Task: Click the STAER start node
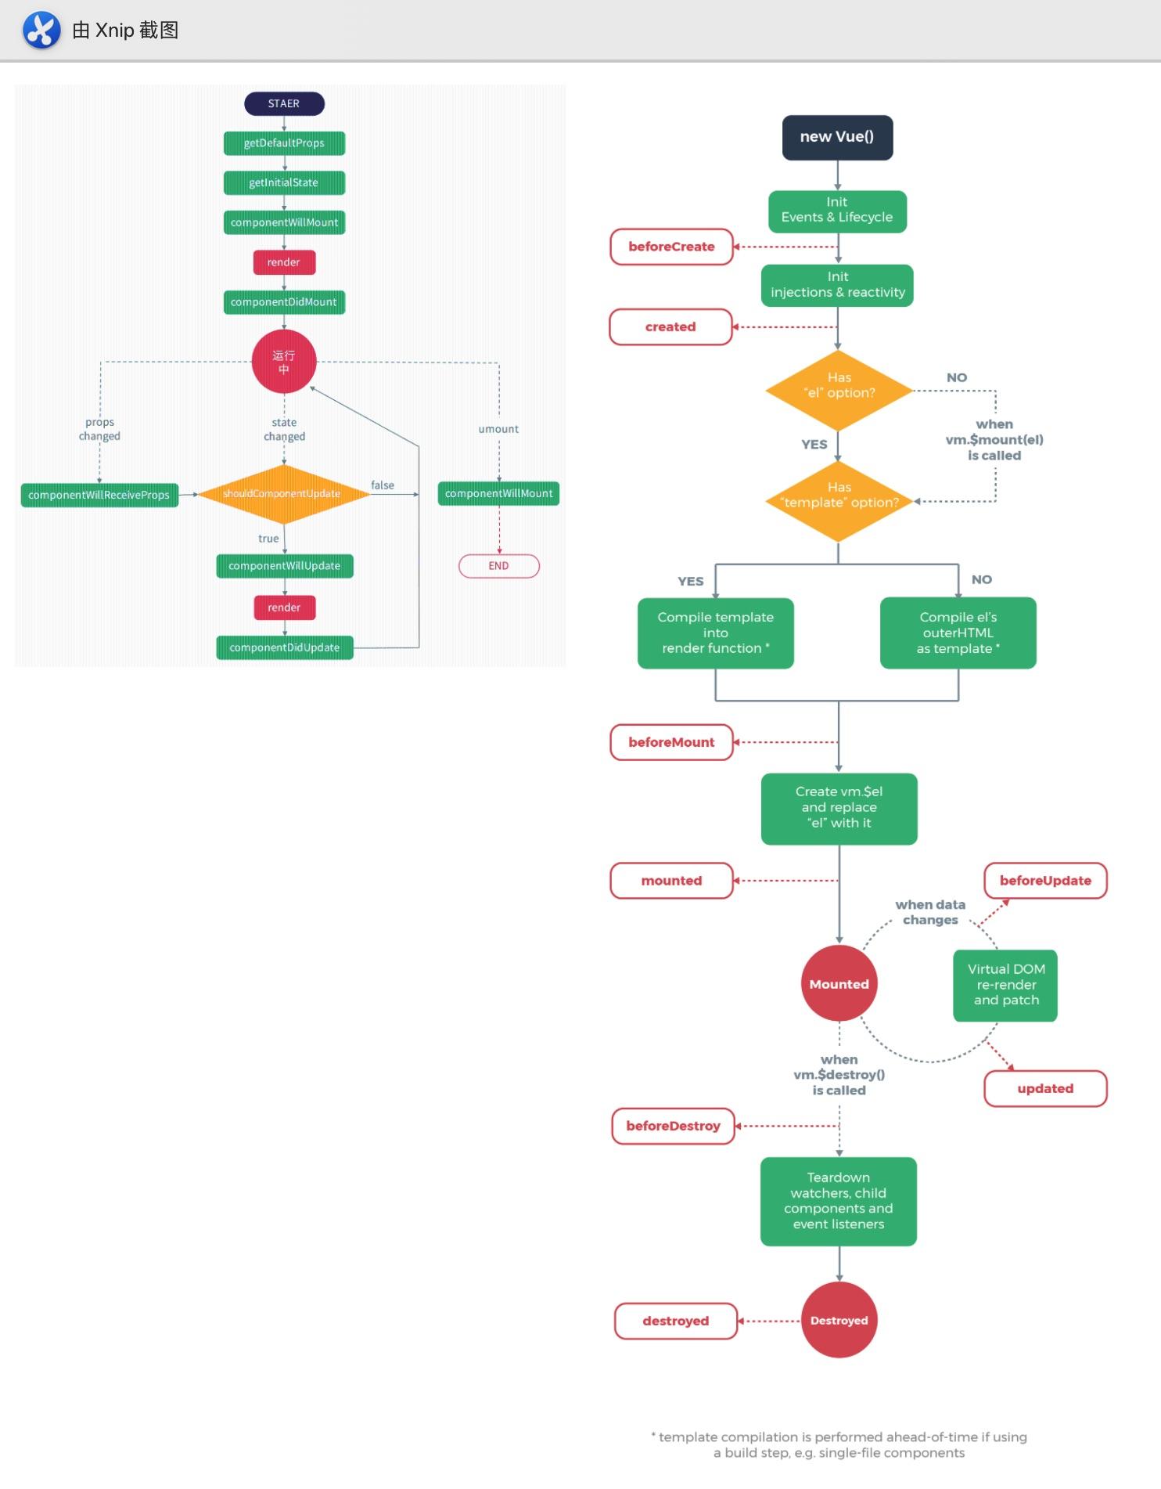(x=284, y=103)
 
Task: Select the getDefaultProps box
(x=284, y=143)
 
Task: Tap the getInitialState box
(x=284, y=182)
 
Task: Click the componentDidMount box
(x=284, y=302)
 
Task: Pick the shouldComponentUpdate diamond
(x=283, y=494)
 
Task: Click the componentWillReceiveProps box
(x=99, y=495)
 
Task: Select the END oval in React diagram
(x=498, y=566)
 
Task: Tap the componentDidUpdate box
(x=285, y=647)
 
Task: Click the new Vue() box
(x=837, y=137)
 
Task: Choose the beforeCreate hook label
(x=671, y=247)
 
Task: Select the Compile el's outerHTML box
(x=958, y=633)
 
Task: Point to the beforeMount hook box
(x=671, y=742)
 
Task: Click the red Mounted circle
(x=839, y=984)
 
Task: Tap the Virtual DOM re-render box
(x=1005, y=985)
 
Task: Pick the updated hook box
(x=1045, y=1088)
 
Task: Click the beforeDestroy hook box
(x=673, y=1126)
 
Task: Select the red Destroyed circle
(x=839, y=1320)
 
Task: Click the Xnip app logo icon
(x=41, y=31)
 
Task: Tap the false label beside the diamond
(x=383, y=485)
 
